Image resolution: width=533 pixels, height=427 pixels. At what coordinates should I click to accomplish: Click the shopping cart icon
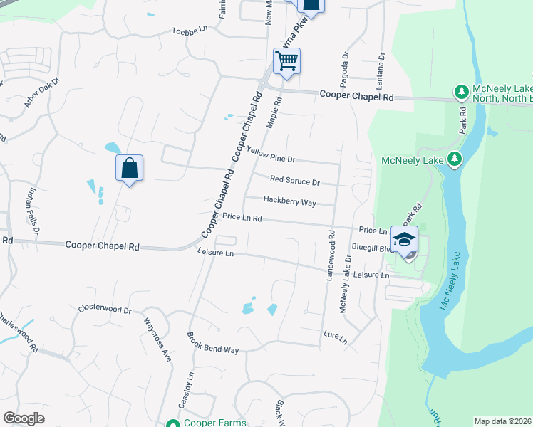click(286, 61)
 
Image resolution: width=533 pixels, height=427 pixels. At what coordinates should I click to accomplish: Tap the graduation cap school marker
click(404, 240)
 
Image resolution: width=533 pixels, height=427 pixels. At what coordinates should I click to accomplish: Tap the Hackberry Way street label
click(289, 201)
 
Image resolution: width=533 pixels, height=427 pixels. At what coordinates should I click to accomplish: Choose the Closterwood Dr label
click(105, 310)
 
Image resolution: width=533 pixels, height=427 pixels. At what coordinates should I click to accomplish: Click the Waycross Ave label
click(158, 339)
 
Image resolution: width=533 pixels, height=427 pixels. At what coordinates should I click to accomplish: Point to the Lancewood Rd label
click(330, 254)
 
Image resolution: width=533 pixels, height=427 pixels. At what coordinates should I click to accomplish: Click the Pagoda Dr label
click(345, 63)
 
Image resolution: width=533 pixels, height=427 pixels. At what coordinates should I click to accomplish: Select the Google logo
click(24, 418)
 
